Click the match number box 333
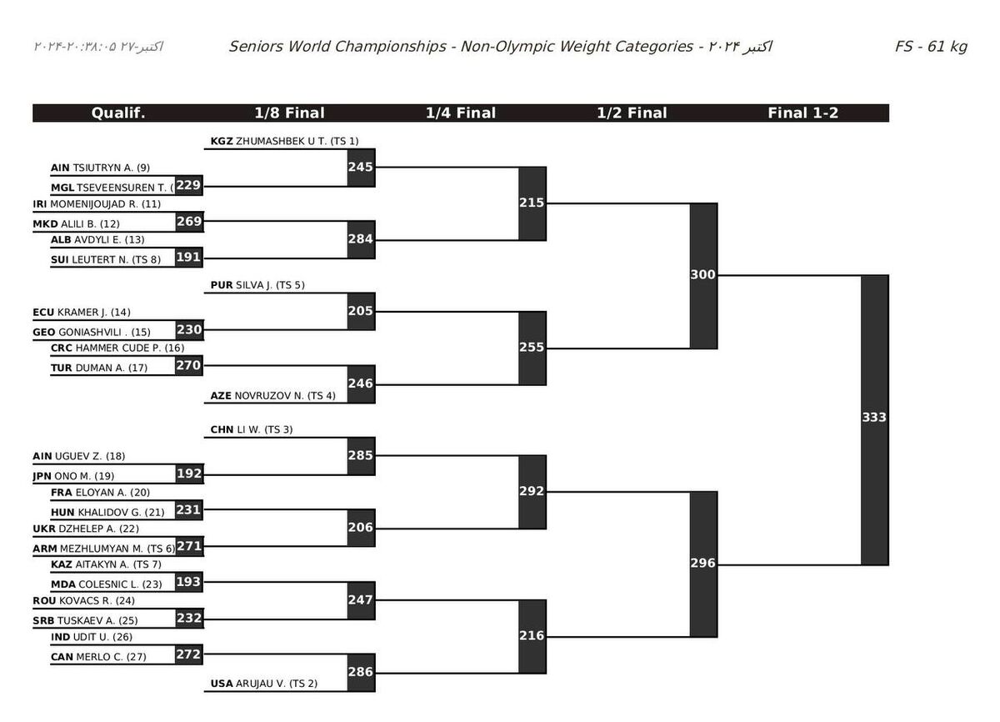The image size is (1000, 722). pyautogui.click(x=874, y=418)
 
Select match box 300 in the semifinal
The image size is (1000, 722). pyautogui.click(x=703, y=275)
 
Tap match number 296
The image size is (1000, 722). pyautogui.click(x=703, y=564)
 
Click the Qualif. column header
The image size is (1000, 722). pyautogui.click(x=118, y=113)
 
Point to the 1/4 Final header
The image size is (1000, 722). pyautogui.click(x=460, y=113)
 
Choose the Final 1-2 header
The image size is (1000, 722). pyautogui.click(x=802, y=113)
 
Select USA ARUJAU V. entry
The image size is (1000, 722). pyautogui.click(x=263, y=684)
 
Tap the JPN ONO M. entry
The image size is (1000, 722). pyautogui.click(x=73, y=476)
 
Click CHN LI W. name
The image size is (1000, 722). pyautogui.click(x=247, y=430)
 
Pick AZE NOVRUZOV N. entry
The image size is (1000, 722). pyautogui.click(x=272, y=396)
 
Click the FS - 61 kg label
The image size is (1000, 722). pyautogui.click(x=931, y=47)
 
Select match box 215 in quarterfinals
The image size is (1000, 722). pyautogui.click(x=532, y=203)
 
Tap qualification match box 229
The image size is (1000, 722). pyautogui.click(x=188, y=185)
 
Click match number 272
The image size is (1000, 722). pyautogui.click(x=188, y=654)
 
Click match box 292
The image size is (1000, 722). pyautogui.click(x=532, y=491)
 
